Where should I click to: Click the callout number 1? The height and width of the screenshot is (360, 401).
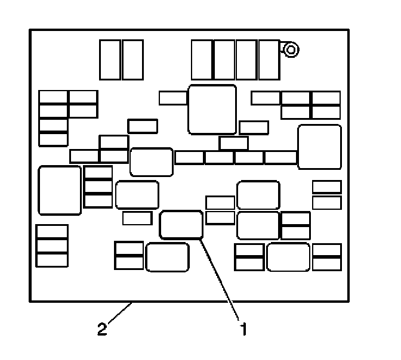tap(242, 328)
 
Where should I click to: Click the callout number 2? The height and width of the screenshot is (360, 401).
tap(102, 328)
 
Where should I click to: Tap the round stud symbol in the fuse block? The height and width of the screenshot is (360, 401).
tap(290, 50)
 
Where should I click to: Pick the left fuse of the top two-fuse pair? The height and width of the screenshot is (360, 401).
tap(110, 59)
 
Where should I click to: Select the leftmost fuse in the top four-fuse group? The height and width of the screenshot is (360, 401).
tap(202, 59)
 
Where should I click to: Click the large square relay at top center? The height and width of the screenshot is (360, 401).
tap(212, 109)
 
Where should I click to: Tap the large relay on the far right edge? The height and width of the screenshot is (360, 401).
tap(319, 147)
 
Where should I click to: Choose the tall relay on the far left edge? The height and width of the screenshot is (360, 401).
tap(60, 190)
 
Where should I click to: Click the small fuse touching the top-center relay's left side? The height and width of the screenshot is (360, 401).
tap(173, 98)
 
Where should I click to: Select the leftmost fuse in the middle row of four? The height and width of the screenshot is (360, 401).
tap(190, 157)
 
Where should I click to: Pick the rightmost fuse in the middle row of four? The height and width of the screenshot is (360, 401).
tap(280, 157)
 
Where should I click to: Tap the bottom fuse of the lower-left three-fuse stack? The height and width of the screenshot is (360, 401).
tap(52, 259)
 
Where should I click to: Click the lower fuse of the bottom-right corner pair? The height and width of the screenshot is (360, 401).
tap(326, 263)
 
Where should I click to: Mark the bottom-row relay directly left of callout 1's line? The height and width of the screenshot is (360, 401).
tap(167, 257)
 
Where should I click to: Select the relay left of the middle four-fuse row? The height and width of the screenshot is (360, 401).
tap(151, 162)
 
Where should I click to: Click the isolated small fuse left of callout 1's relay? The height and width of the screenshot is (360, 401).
tap(137, 218)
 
